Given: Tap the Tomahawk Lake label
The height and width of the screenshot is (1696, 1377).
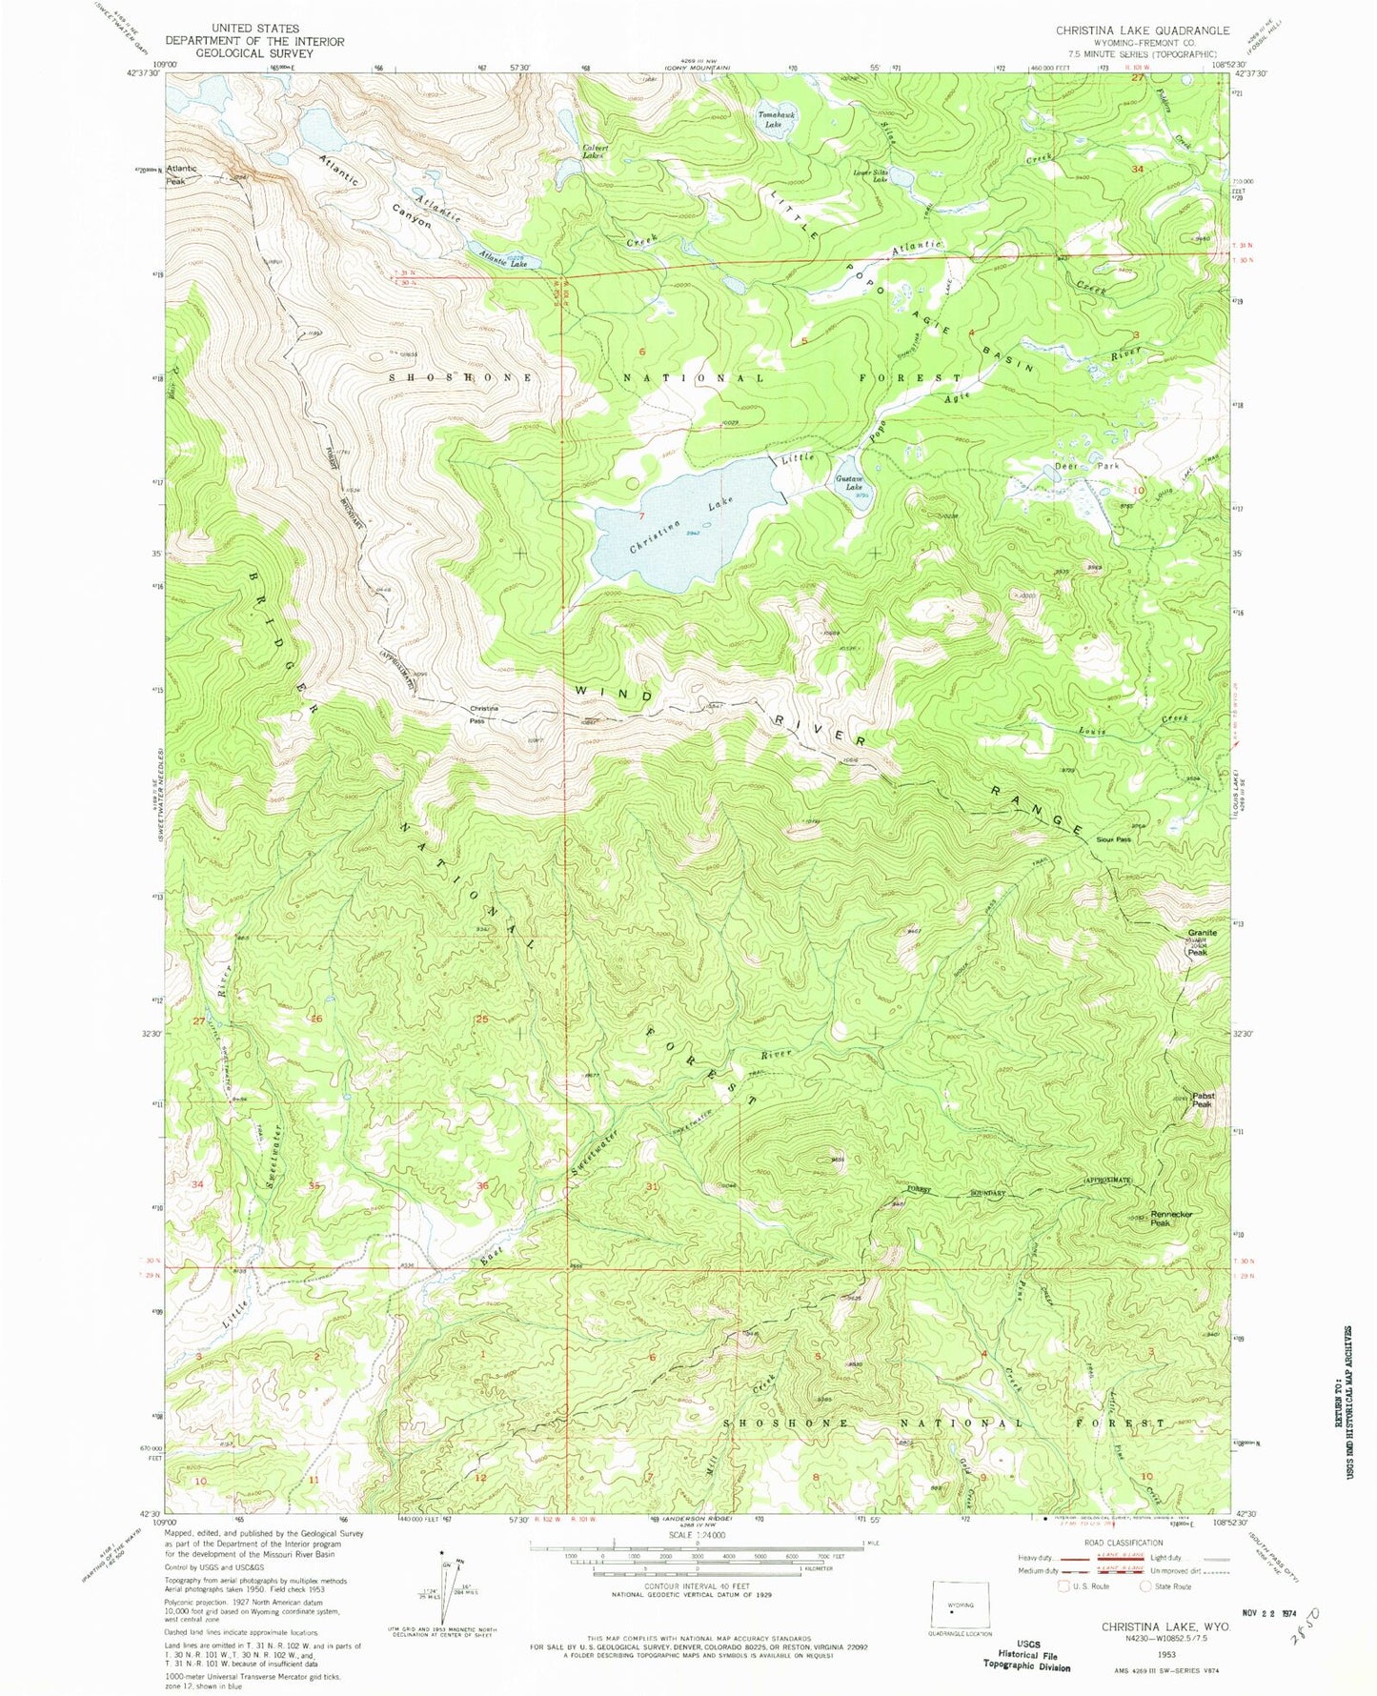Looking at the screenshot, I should [x=777, y=118].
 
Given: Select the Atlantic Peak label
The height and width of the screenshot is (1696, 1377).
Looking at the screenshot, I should [x=181, y=174].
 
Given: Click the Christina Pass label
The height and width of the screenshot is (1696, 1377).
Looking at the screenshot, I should [x=484, y=713].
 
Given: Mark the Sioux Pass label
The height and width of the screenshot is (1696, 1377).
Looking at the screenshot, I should [x=1113, y=839].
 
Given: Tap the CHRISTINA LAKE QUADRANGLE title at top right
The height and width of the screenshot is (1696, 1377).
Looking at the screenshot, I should [x=1142, y=30].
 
